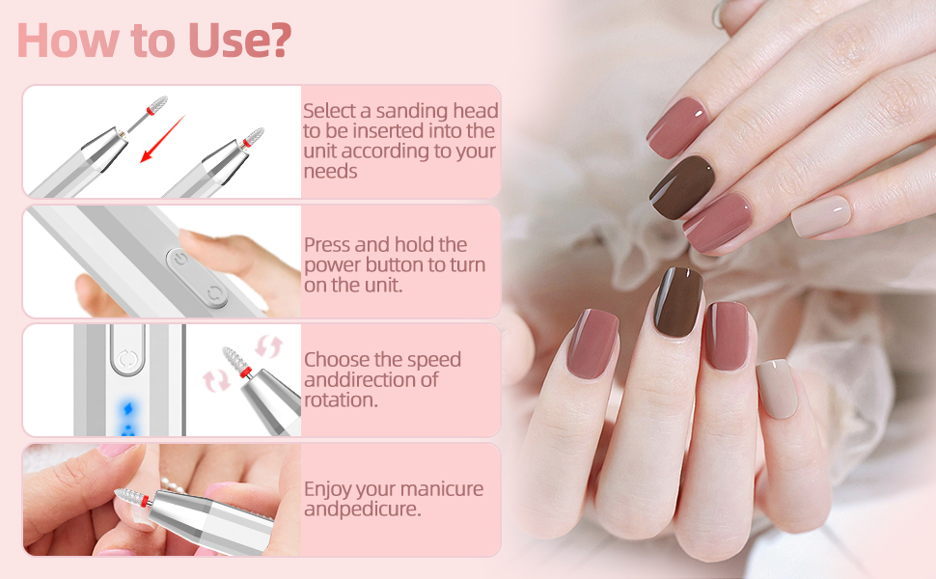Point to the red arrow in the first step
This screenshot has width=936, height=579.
point(160,139)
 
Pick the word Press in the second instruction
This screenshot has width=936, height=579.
point(328,244)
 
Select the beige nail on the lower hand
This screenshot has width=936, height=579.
point(777,388)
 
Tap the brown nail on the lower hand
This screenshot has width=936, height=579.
point(678,302)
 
